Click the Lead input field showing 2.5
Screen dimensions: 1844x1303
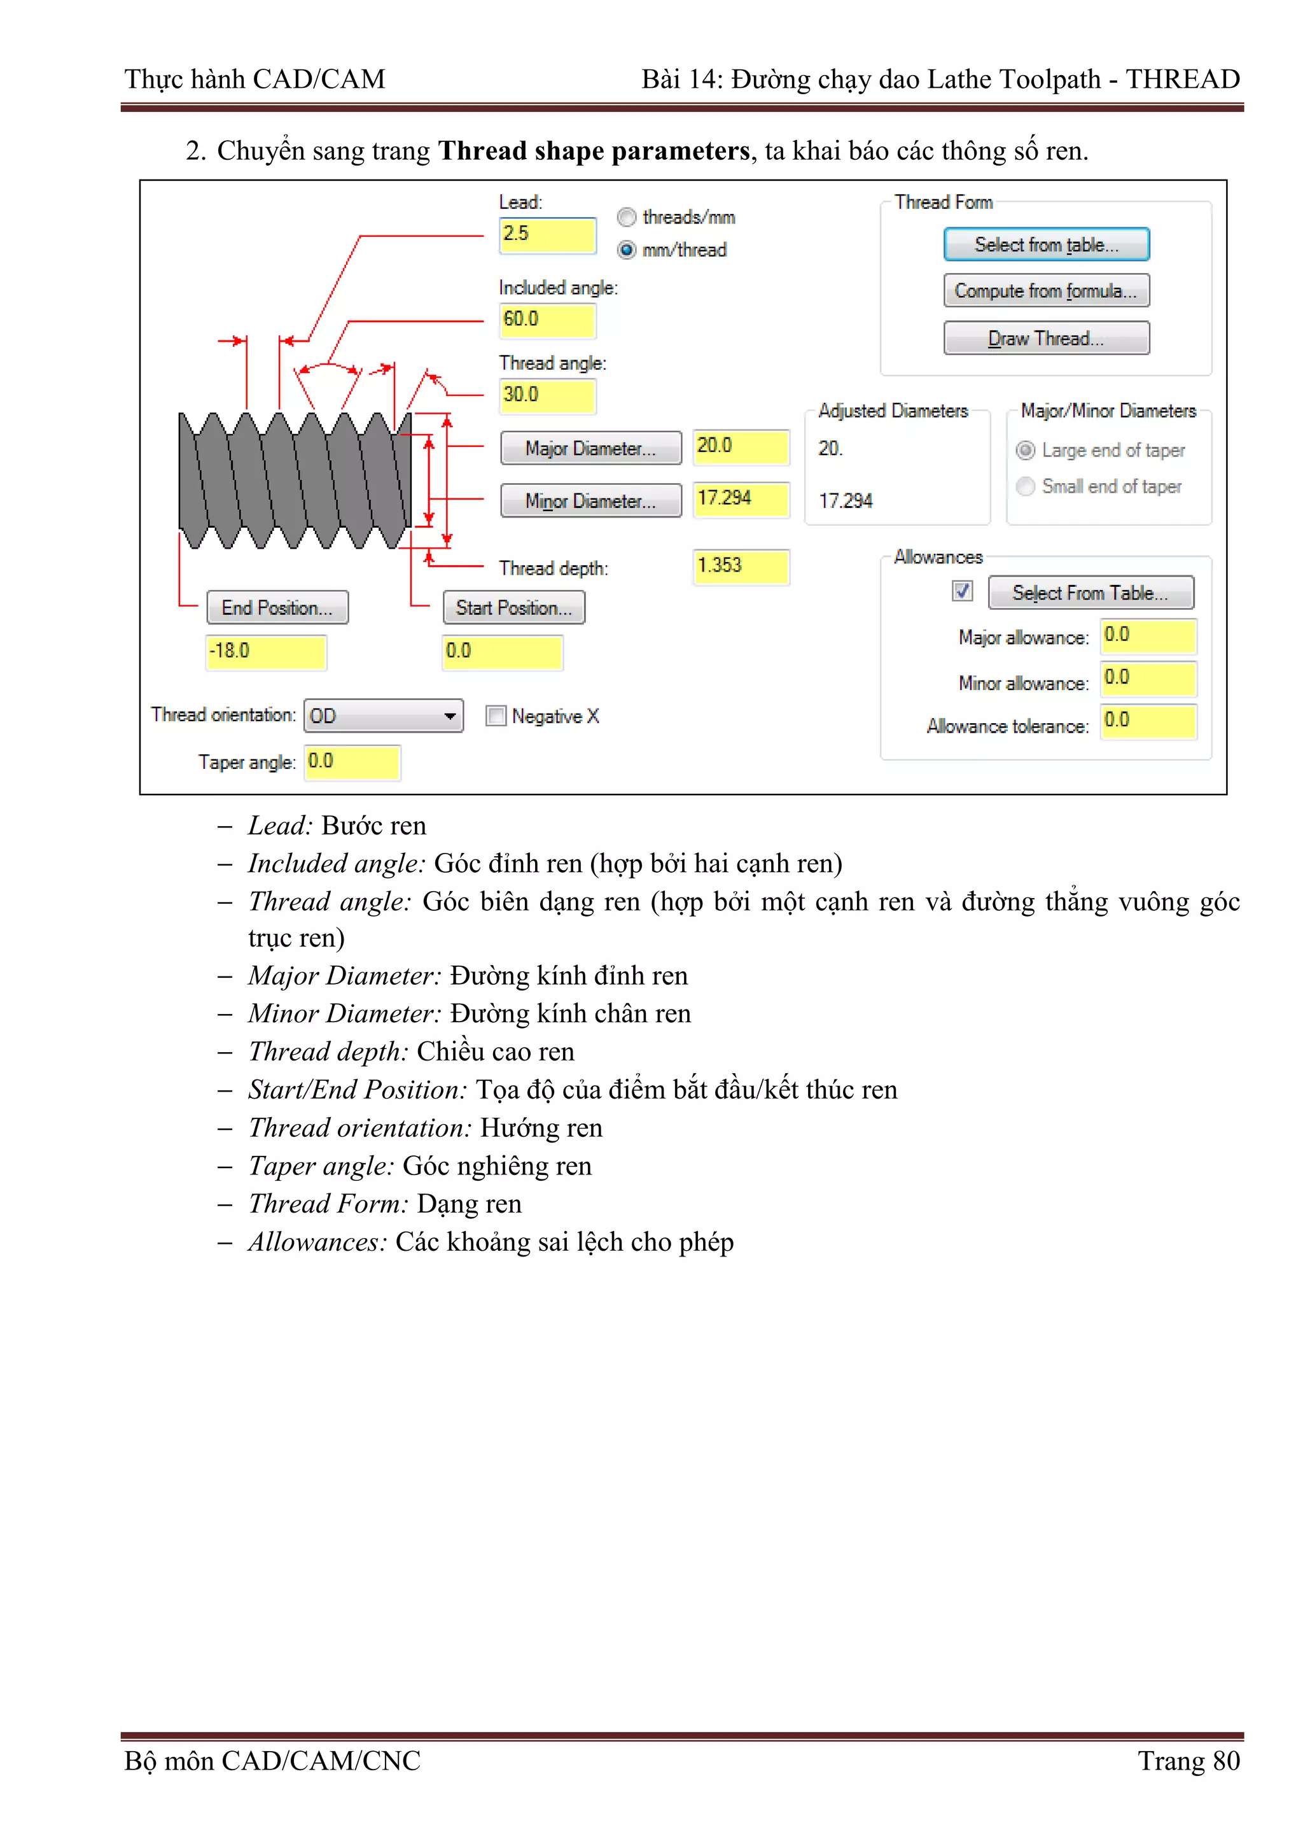[x=547, y=234]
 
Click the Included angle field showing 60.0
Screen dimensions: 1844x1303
[x=547, y=320]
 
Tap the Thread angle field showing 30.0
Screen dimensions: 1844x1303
[x=547, y=395]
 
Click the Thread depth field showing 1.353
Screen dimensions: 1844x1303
[x=740, y=567]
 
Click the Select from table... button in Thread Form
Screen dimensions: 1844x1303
[x=1045, y=245]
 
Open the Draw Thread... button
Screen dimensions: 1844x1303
[x=1045, y=338]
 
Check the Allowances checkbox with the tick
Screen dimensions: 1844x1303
[x=962, y=591]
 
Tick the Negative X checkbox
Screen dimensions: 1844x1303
[x=496, y=715]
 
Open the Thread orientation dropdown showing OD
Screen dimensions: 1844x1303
[x=383, y=715]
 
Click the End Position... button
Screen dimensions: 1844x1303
[x=277, y=608]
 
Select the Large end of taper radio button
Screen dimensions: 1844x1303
[x=1025, y=451]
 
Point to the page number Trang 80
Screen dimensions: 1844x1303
[x=1188, y=1761]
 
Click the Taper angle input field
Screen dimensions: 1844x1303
[x=352, y=761]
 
